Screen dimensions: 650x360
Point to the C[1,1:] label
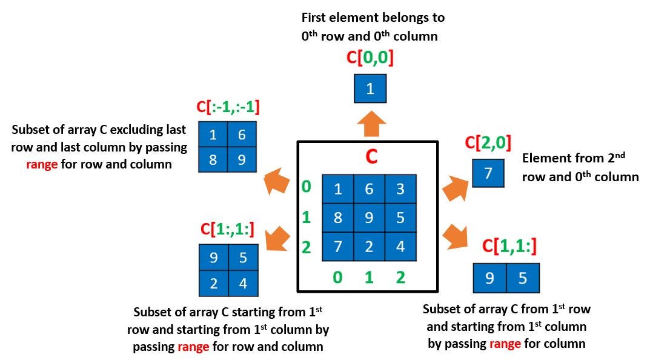click(x=509, y=246)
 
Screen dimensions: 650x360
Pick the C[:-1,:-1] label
click(x=228, y=107)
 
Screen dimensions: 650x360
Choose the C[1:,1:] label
click(x=227, y=228)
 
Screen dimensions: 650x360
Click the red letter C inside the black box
click(x=371, y=157)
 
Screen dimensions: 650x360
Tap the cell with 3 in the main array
click(x=400, y=189)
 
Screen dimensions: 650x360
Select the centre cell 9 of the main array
click(x=370, y=218)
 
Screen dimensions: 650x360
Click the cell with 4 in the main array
click(x=400, y=246)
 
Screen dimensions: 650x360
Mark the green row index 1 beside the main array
click(x=307, y=217)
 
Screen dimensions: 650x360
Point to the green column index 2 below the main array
click(x=400, y=277)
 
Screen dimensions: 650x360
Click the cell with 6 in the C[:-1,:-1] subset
click(x=242, y=135)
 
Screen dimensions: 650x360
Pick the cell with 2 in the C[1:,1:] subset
click(x=214, y=283)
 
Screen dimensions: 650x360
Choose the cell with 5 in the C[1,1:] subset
click(x=523, y=278)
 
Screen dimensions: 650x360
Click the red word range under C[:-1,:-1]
click(x=42, y=164)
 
